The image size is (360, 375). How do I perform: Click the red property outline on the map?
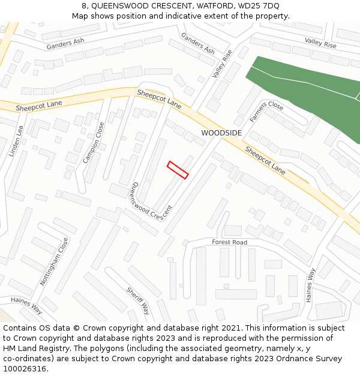[x=178, y=170]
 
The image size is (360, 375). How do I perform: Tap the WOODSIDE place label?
[x=221, y=133]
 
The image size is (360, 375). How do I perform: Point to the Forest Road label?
[x=229, y=242]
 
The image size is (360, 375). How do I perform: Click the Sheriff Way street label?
[x=138, y=301]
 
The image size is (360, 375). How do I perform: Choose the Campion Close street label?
[x=94, y=143]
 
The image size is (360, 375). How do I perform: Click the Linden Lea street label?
[x=16, y=140]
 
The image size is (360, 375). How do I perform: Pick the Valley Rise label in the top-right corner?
[x=320, y=42]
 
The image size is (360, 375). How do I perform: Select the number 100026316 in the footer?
[x=24, y=369]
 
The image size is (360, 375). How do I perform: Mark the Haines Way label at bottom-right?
[x=310, y=284]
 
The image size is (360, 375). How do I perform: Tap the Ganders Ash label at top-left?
[x=65, y=44]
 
